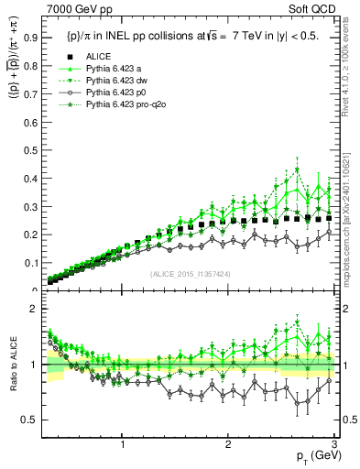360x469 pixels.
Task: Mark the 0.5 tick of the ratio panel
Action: click(x=31, y=420)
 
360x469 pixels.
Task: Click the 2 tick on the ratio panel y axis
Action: click(x=34, y=309)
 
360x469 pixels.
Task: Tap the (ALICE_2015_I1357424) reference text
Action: click(x=190, y=274)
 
